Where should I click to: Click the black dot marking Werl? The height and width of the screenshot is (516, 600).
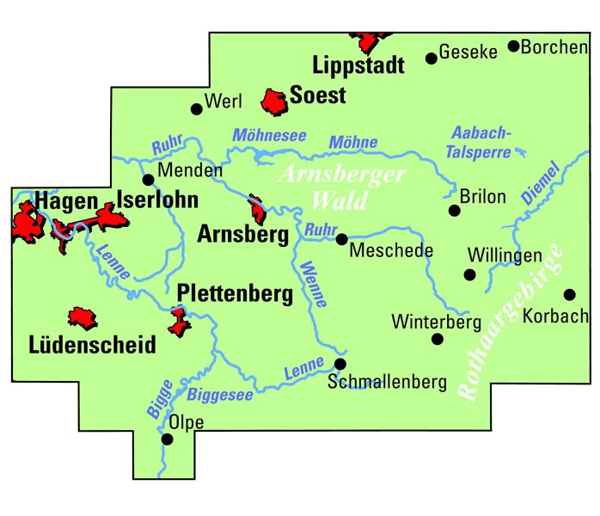click(x=197, y=109)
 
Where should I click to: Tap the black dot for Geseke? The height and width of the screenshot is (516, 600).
click(x=432, y=58)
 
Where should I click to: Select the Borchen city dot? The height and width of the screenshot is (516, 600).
click(x=513, y=46)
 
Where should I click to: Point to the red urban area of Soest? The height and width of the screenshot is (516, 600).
click(x=276, y=101)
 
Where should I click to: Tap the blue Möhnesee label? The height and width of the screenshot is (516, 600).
click(x=269, y=136)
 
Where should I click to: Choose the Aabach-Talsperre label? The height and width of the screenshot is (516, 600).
click(x=482, y=142)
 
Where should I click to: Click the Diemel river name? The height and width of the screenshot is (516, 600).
click(x=540, y=182)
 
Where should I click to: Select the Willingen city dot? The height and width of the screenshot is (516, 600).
click(x=469, y=274)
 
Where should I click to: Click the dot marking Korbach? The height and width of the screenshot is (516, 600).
click(x=568, y=294)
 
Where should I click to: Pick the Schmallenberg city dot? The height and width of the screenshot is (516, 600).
click(x=340, y=364)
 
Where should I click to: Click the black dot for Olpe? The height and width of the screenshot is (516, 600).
click(x=168, y=439)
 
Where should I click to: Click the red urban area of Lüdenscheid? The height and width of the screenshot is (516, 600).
click(x=85, y=318)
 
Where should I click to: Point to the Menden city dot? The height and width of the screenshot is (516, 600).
click(x=148, y=180)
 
